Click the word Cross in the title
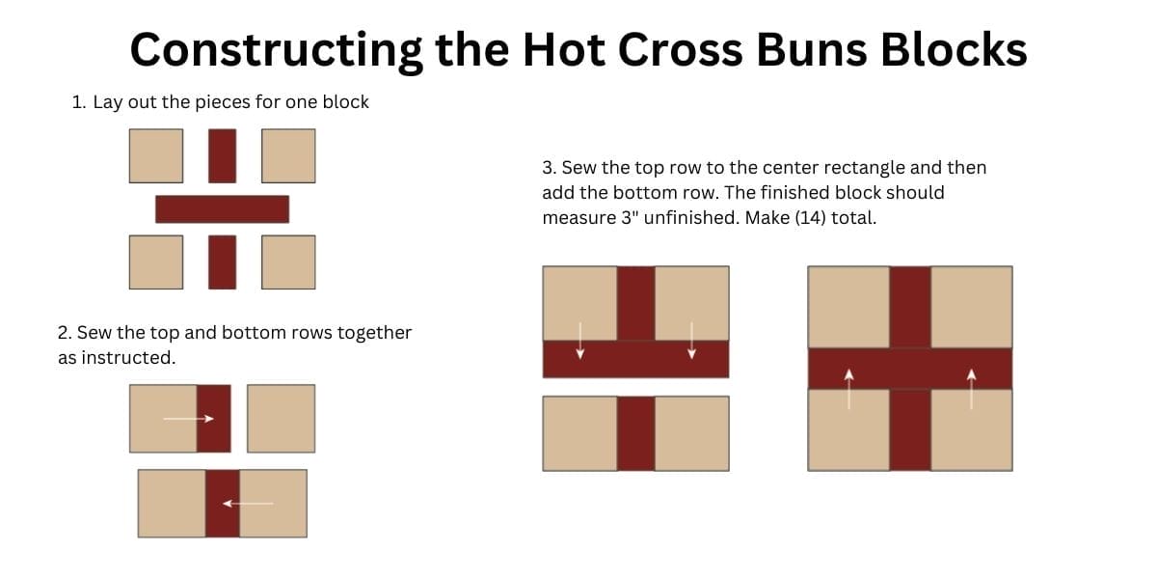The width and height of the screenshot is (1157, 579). [x=680, y=50]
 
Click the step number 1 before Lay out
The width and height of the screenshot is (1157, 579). [x=78, y=102]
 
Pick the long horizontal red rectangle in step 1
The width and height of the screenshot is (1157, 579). [x=222, y=209]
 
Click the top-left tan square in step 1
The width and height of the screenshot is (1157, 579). [x=156, y=155]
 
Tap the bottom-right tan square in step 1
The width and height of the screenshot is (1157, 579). [x=288, y=262]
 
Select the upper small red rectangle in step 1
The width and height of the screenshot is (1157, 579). [x=222, y=155]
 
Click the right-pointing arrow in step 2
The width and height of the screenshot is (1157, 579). [x=189, y=418]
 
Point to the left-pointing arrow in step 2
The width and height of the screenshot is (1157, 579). [x=248, y=503]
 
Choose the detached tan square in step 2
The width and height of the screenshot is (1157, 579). [x=281, y=418]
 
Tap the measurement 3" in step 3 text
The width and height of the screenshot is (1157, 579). [x=627, y=218]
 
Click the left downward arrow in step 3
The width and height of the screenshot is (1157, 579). [x=580, y=341]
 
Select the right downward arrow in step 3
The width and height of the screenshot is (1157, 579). [x=691, y=341]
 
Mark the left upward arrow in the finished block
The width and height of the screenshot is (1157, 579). [x=848, y=389]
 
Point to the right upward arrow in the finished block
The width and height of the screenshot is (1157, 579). [x=972, y=389]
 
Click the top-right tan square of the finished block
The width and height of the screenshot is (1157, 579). [x=972, y=307]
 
